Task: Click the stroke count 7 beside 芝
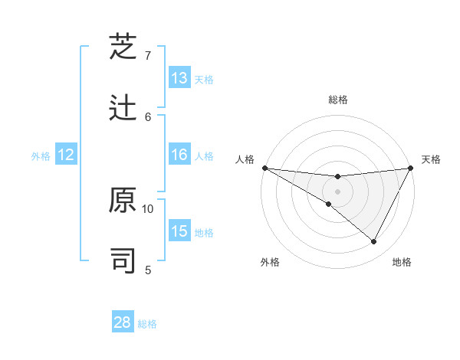pyautogui.click(x=148, y=56)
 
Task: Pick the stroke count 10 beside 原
pyautogui.click(x=148, y=208)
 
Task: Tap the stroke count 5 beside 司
pyautogui.click(x=148, y=270)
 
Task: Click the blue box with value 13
pyautogui.click(x=179, y=77)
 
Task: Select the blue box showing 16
pyautogui.click(x=179, y=155)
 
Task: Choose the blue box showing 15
pyautogui.click(x=179, y=231)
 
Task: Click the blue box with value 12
pyautogui.click(x=66, y=155)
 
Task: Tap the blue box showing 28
pyautogui.click(x=123, y=322)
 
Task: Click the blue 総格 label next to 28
pyautogui.click(x=147, y=324)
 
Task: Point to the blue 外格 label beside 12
pyautogui.click(x=41, y=156)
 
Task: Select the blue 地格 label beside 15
pyautogui.click(x=204, y=233)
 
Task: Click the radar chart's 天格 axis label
pyautogui.click(x=431, y=159)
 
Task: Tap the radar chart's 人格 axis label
pyautogui.click(x=245, y=159)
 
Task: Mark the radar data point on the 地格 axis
pyautogui.click(x=374, y=242)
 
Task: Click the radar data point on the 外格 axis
pyautogui.click(x=329, y=204)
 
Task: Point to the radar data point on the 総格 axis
pyautogui.click(x=337, y=178)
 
